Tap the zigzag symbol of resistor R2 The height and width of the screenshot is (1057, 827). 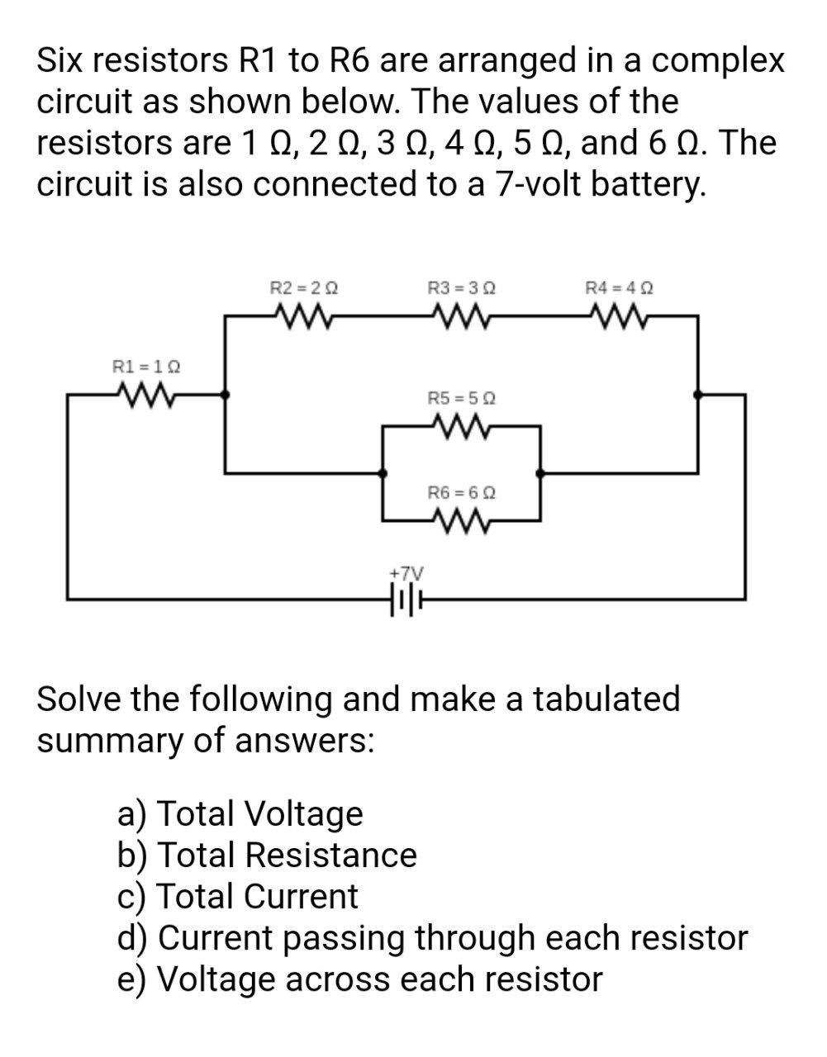(x=304, y=315)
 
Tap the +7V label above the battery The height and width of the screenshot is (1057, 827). (x=405, y=572)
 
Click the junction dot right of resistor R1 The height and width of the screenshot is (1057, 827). (x=226, y=396)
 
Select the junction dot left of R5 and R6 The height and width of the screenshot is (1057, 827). (x=382, y=473)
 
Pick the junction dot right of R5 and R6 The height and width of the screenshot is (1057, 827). (x=540, y=473)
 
